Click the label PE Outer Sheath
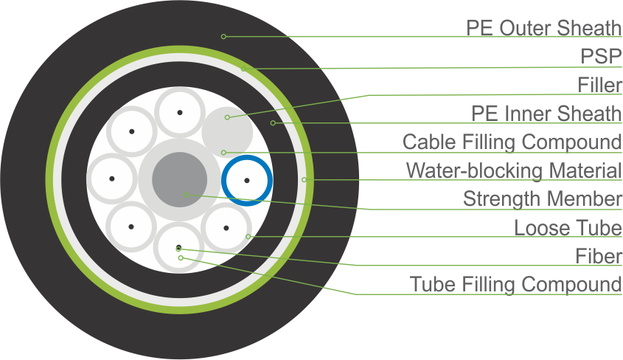[x=544, y=28]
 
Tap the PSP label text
[x=601, y=56]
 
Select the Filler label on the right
[x=600, y=85]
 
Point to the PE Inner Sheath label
[x=546, y=114]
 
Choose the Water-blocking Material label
[x=514, y=170]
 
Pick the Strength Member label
[x=543, y=198]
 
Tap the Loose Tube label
[x=568, y=228]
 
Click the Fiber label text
[x=599, y=255]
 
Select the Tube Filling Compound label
[x=516, y=284]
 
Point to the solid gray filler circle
[x=228, y=128]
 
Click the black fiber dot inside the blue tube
[x=248, y=180]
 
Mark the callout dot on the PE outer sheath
[x=223, y=36]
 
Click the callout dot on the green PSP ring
[x=242, y=69]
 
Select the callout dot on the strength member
[x=186, y=195]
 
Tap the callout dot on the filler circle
[x=227, y=117]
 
